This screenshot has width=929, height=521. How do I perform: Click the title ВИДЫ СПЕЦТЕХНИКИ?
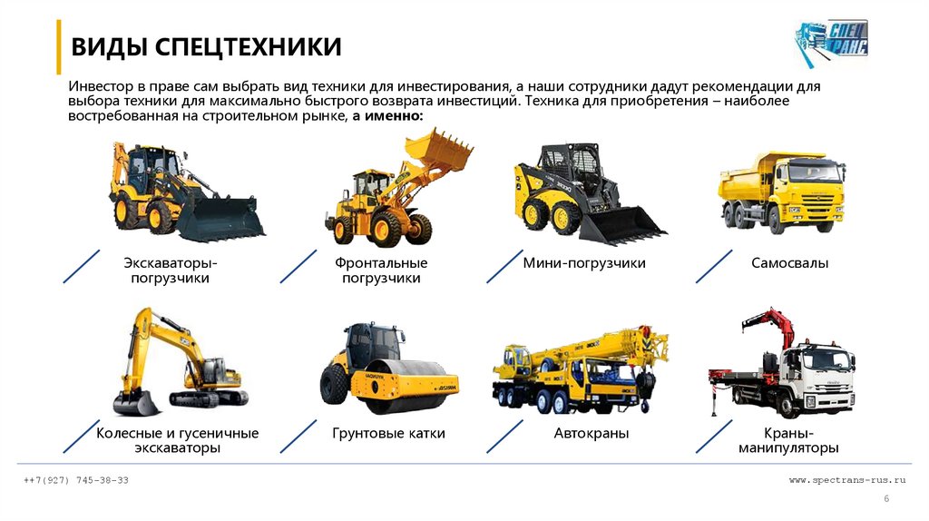206,47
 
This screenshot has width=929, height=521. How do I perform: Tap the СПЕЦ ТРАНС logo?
831,42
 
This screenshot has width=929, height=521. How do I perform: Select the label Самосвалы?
790,262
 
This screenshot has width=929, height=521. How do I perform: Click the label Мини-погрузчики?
584,262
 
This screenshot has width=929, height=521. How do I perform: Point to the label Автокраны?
592,433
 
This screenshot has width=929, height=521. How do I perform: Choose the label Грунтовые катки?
388,433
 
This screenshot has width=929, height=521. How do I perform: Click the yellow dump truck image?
782,192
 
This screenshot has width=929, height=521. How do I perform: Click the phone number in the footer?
76,480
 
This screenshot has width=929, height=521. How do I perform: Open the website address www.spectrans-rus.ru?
847,480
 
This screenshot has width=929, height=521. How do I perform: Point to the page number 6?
886,499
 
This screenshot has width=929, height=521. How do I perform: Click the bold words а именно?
388,115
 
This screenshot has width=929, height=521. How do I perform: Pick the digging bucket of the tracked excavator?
136,403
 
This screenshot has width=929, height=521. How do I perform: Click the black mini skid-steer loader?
590,192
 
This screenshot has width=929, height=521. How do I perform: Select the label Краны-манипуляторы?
788,440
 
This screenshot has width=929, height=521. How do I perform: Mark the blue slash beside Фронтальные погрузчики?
298,266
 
